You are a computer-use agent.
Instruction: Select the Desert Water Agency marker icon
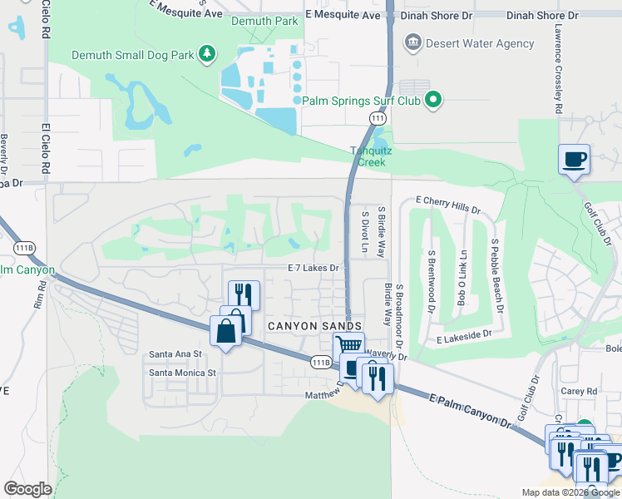pyautogui.click(x=412, y=42)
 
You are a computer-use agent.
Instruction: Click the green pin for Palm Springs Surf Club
pyautogui.click(x=432, y=101)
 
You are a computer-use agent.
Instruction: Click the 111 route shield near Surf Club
pyautogui.click(x=378, y=120)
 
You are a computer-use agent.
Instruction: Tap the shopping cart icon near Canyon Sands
pyautogui.click(x=348, y=345)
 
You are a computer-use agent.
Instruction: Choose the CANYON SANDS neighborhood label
pyautogui.click(x=314, y=326)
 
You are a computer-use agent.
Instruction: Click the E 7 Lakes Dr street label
pyautogui.click(x=313, y=268)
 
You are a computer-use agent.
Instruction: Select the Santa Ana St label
pyautogui.click(x=175, y=354)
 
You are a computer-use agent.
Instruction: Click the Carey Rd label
pyautogui.click(x=580, y=390)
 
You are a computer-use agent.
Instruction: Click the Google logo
pyautogui.click(x=27, y=489)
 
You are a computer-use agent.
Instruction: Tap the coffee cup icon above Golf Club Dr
pyautogui.click(x=574, y=158)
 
